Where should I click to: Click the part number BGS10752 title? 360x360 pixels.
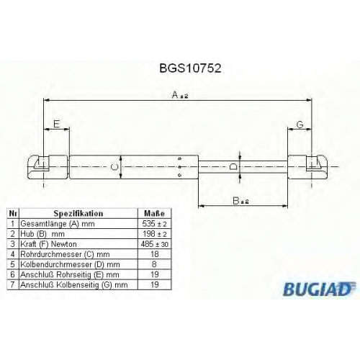click(x=190, y=68)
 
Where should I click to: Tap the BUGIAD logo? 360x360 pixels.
click(x=319, y=289)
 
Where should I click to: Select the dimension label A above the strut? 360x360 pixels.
click(x=180, y=95)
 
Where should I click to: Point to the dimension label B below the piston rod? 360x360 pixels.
click(x=240, y=201)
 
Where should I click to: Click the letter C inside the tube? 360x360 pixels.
click(x=116, y=167)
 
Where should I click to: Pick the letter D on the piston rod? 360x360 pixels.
click(x=233, y=166)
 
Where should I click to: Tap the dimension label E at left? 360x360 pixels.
click(x=56, y=124)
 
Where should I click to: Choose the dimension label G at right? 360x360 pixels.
click(x=300, y=125)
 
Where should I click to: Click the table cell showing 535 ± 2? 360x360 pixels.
click(x=155, y=224)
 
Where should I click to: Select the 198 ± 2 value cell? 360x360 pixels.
click(x=155, y=234)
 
